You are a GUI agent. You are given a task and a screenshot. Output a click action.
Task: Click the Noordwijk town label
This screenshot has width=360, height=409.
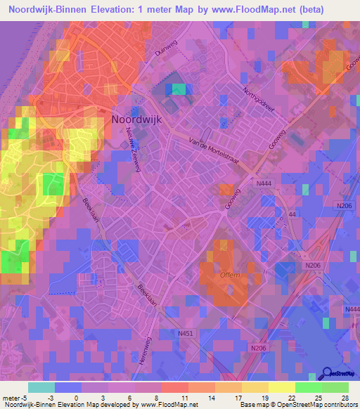(x=136, y=119)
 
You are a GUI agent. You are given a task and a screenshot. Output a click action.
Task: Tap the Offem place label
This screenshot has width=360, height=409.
(x=229, y=275)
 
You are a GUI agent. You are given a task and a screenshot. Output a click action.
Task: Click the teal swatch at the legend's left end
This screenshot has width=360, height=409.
(x=41, y=387)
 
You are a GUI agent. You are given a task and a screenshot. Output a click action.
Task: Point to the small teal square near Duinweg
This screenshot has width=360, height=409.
(x=181, y=89)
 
